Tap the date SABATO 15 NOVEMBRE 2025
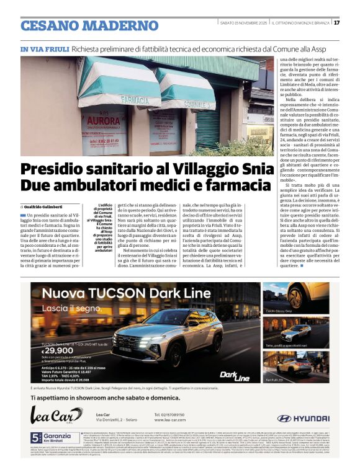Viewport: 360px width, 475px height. coord(243,23)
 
